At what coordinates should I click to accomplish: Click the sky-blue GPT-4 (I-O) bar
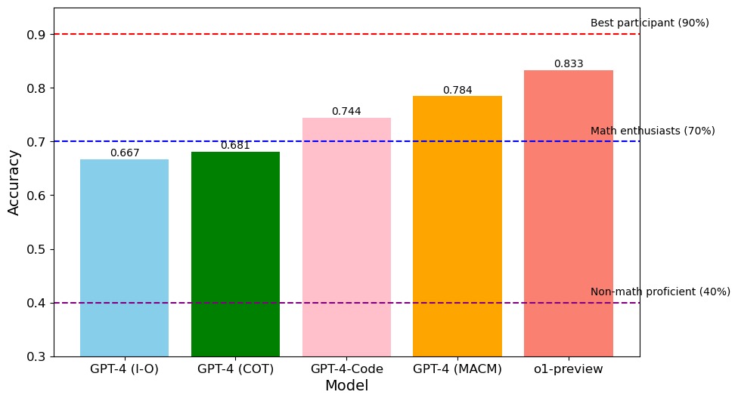(x=124, y=257)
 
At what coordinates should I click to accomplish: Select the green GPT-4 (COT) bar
(x=235, y=254)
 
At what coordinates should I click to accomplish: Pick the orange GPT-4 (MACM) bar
(x=457, y=226)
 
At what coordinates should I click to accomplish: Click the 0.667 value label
(x=124, y=153)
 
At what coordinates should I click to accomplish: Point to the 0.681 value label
(x=235, y=146)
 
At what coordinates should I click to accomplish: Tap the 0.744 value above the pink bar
(x=346, y=112)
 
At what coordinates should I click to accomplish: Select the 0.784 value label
(x=457, y=91)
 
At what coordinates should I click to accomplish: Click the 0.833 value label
(x=568, y=64)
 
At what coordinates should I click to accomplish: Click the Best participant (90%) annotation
(x=649, y=23)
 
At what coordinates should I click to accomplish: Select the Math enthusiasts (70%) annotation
(x=652, y=131)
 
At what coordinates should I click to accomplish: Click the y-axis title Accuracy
(x=14, y=182)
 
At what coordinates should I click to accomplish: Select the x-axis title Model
(x=346, y=386)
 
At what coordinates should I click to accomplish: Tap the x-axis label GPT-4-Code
(x=346, y=369)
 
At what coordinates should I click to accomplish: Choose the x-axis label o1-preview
(x=568, y=369)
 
